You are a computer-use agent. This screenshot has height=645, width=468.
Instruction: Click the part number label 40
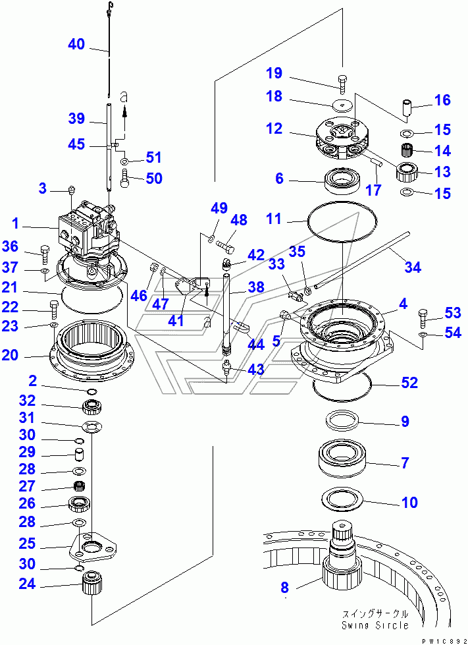76,44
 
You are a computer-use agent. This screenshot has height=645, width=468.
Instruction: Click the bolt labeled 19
343,83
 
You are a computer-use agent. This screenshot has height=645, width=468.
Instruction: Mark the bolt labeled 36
45,252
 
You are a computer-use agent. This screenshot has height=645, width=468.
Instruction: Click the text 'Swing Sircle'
375,625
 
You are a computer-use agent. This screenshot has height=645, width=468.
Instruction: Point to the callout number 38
256,287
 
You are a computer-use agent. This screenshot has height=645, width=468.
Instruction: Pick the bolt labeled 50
126,177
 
